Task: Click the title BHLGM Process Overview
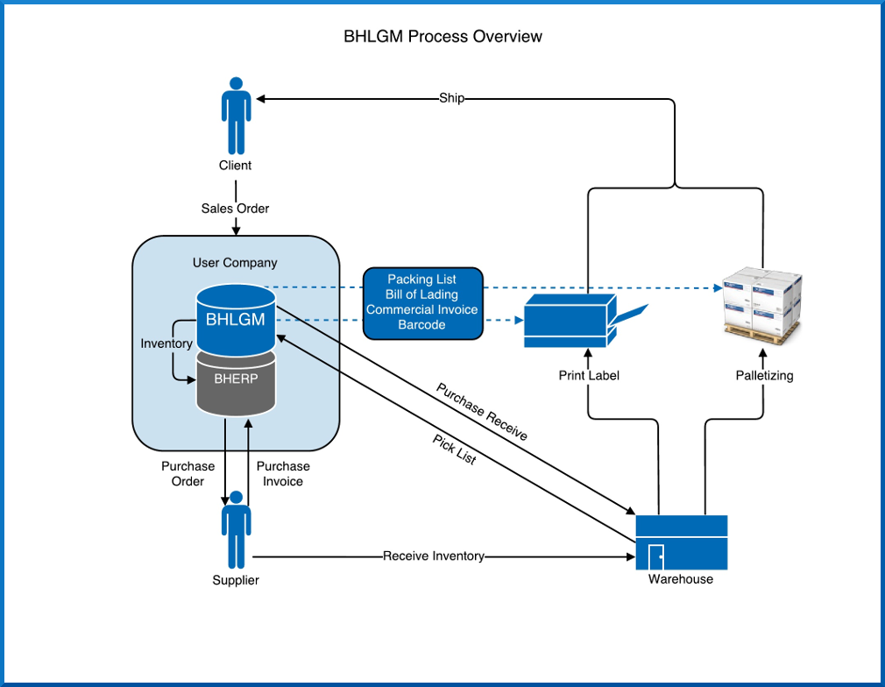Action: [x=442, y=37]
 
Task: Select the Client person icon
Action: [x=236, y=116]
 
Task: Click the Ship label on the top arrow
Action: [x=451, y=98]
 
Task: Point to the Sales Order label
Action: [x=236, y=209]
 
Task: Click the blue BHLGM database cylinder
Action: [x=236, y=320]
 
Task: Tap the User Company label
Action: [x=235, y=263]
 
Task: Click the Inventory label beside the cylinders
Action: [x=166, y=343]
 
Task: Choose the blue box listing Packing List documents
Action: [x=422, y=304]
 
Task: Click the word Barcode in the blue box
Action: [x=421, y=324]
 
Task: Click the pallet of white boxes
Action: [x=762, y=305]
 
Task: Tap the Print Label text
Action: [x=589, y=375]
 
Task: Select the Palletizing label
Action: [x=764, y=375]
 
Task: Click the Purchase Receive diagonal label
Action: [x=482, y=412]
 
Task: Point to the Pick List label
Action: [x=455, y=450]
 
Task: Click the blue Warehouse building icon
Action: [x=681, y=542]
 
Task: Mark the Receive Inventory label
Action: [x=434, y=556]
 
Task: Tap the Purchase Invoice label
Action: [x=283, y=473]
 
